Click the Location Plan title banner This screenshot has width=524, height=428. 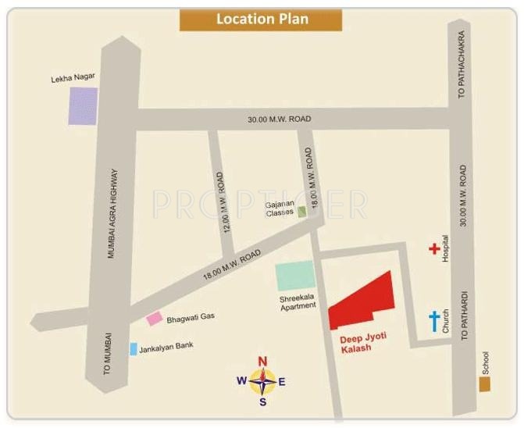coord(261,20)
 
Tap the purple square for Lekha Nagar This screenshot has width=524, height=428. coord(83,106)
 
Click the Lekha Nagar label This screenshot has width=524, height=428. coord(72,80)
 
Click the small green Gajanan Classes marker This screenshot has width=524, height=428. coord(301,212)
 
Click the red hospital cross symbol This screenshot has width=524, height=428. coord(434,249)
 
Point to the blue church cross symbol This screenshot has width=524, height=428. coord(433,321)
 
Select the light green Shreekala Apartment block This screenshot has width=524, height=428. coord(294,276)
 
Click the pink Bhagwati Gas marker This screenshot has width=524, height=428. coord(155,319)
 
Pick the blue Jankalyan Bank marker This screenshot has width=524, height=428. coord(134,348)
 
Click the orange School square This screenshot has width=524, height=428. coord(485,384)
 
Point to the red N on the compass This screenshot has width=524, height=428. coord(263,361)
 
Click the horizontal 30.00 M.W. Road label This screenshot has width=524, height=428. coord(280,119)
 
